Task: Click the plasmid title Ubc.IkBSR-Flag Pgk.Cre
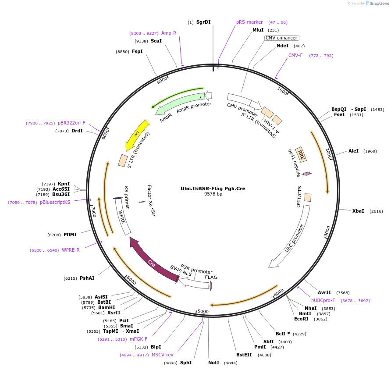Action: coord(213,189)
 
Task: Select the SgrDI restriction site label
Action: coord(203,22)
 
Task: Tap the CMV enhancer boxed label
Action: coord(281,38)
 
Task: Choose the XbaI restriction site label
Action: coord(358,211)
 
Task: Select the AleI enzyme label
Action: coord(353,151)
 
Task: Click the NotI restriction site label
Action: coord(213,363)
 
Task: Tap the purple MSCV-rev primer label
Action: coord(162,355)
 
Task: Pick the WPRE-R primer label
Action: coord(71,250)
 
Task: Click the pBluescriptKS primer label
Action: coord(55,202)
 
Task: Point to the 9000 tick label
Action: coord(162,80)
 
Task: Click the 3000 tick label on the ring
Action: coord(327,231)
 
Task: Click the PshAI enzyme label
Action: coord(87,278)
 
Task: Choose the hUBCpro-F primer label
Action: coord(323,300)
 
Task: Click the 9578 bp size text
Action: coord(213,194)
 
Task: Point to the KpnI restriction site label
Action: coord(64,184)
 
